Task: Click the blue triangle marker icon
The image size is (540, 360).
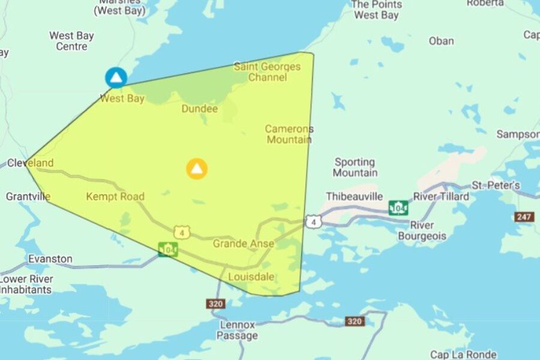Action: click(x=116, y=77)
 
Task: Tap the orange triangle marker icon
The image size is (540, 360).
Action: click(x=197, y=169)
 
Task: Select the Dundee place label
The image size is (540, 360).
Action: click(x=200, y=109)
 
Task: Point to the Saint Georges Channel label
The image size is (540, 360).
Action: click(x=267, y=72)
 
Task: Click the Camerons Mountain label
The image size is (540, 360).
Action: click(x=289, y=134)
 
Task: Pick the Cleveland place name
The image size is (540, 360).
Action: click(x=30, y=163)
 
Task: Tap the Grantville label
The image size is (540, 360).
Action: click(x=28, y=196)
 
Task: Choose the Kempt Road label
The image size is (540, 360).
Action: click(x=115, y=196)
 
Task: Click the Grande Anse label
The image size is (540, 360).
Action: click(x=243, y=244)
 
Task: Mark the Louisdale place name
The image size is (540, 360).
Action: click(x=251, y=277)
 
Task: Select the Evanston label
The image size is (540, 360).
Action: click(x=50, y=259)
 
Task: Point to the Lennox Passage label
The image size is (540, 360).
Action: click(x=238, y=330)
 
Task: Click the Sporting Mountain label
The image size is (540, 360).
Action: click(x=355, y=167)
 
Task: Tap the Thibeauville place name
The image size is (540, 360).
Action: click(x=355, y=196)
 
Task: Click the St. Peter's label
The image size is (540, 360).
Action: click(x=496, y=185)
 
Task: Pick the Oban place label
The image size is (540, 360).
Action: click(x=441, y=41)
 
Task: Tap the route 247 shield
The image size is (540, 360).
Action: click(x=524, y=217)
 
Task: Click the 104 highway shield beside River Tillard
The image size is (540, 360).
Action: click(x=398, y=208)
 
